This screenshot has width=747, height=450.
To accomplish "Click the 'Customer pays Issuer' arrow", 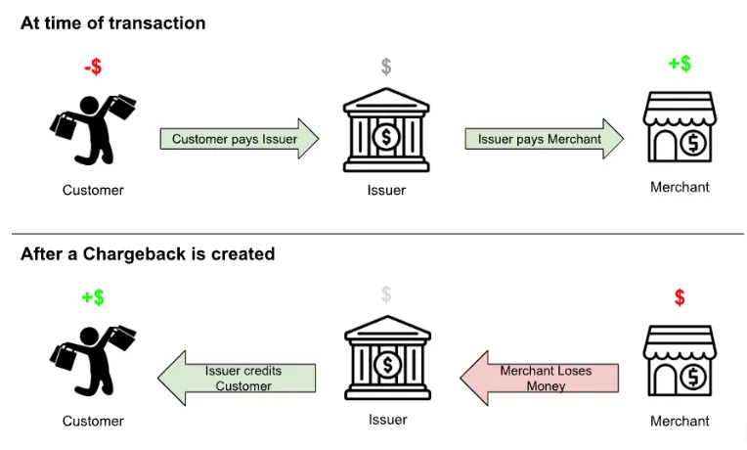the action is click(x=240, y=139).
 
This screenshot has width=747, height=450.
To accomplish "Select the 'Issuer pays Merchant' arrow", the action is click(x=544, y=139).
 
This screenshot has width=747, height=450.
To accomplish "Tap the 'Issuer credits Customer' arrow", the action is click(x=237, y=378).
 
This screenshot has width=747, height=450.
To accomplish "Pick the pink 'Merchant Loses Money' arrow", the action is click(x=540, y=378).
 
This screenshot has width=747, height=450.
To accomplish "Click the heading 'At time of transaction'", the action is click(x=112, y=22).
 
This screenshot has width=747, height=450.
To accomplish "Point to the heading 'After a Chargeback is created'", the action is click(x=148, y=253).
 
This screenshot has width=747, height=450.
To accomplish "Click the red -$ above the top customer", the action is click(x=93, y=67).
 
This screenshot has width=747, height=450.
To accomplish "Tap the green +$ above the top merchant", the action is click(x=680, y=64).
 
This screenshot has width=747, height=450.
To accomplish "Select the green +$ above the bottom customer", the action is click(x=93, y=297).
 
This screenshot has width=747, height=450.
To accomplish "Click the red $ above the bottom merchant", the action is click(x=680, y=297).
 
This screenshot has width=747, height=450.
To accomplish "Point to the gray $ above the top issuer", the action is click(x=386, y=67).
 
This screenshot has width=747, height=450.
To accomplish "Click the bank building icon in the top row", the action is click(x=386, y=130).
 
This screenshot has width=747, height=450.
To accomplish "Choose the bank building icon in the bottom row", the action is click(x=388, y=358).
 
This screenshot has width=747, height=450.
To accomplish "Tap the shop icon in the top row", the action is click(x=680, y=127).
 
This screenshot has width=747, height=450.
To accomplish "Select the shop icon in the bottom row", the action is click(x=680, y=361).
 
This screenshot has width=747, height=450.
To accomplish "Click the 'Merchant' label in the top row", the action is click(x=680, y=187).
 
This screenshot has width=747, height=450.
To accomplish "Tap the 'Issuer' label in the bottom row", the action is click(x=388, y=420).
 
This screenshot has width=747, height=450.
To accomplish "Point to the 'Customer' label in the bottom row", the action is click(x=93, y=421).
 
